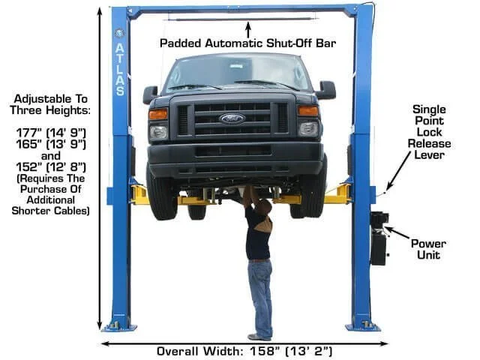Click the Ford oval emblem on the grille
click(x=232, y=118)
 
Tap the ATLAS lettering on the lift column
click(x=120, y=69)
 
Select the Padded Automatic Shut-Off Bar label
click(x=248, y=43)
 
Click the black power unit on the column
click(x=379, y=238)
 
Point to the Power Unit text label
click(x=428, y=249)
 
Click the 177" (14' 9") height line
click(x=51, y=133)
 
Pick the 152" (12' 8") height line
click(x=51, y=166)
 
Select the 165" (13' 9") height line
click(x=51, y=144)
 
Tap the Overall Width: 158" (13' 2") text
click(x=244, y=351)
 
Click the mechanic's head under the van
click(x=265, y=206)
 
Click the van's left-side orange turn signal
click(x=158, y=114)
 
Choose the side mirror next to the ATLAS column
click(x=150, y=94)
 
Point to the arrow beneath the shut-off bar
click(x=248, y=29)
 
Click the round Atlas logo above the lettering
click(x=119, y=33)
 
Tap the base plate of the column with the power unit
click(x=363, y=327)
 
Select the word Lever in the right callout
click(x=429, y=155)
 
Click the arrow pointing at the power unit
click(x=397, y=232)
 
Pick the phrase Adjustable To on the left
click(x=51, y=99)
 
